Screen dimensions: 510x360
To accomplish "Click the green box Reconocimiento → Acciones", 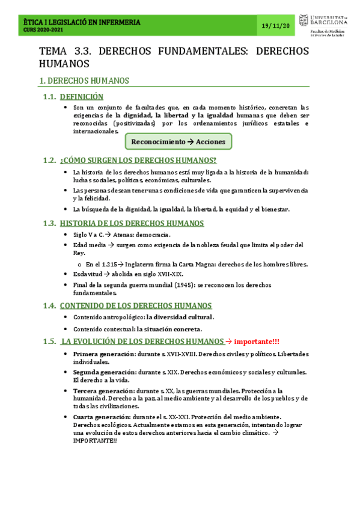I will coord(178,141).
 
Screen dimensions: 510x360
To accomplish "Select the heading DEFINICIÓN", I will coord(82,96).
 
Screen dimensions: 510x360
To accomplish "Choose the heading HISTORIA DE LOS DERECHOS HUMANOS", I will coord(132,223).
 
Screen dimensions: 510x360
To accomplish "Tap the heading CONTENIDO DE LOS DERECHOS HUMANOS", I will coord(135,306).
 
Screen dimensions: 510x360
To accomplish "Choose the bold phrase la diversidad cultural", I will coord(180,317).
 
